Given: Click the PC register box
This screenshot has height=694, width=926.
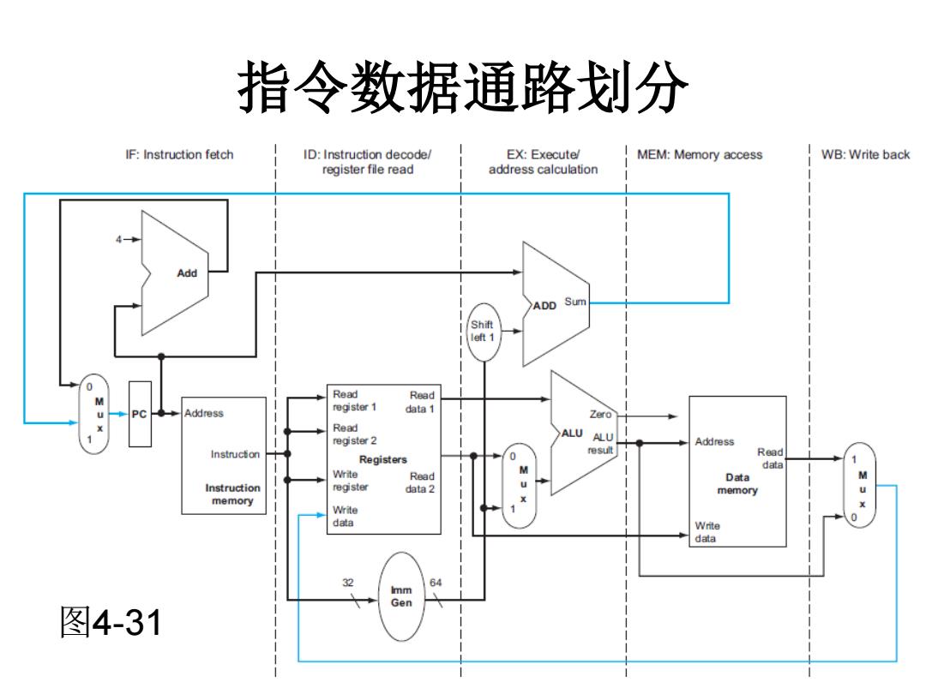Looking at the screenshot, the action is click(140, 414).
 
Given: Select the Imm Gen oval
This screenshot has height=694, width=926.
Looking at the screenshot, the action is click(401, 596).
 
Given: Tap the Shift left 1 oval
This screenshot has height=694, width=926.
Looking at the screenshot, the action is click(484, 332).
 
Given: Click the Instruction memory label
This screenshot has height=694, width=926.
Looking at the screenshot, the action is click(232, 494).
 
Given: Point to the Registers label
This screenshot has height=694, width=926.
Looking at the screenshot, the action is click(382, 459).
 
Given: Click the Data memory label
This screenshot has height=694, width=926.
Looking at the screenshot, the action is click(737, 483).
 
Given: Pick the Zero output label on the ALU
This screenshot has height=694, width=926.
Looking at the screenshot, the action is click(600, 415).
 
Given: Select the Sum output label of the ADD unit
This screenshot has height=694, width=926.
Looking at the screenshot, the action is click(575, 302).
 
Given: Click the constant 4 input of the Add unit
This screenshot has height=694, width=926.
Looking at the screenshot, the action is click(118, 239).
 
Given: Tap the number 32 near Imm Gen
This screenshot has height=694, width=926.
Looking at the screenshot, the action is click(348, 583).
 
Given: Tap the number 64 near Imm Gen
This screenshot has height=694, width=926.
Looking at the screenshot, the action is click(436, 583).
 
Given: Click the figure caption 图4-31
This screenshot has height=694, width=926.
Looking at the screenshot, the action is click(111, 622).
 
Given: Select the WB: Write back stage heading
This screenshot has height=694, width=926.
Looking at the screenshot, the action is click(865, 154).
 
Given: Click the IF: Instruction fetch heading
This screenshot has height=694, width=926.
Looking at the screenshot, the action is click(179, 154).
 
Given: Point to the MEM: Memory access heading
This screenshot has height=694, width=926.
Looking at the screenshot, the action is click(700, 154).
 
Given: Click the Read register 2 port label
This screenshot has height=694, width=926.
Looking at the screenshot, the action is click(354, 434).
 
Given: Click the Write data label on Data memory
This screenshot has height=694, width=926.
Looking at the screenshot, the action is click(707, 532).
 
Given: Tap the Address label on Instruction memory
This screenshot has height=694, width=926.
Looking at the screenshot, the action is click(204, 413).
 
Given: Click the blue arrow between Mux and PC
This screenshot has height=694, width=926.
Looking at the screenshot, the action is click(118, 414).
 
